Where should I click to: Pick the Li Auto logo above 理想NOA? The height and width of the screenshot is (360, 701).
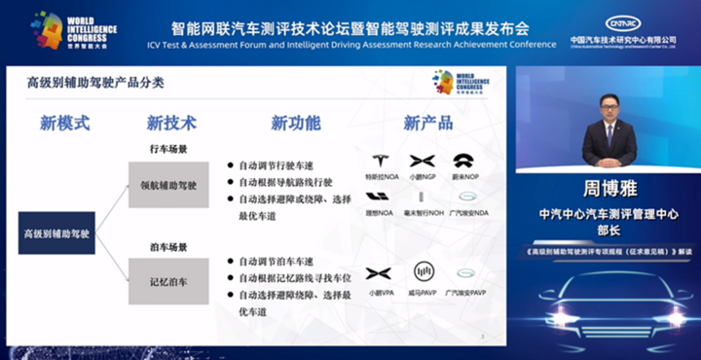379,196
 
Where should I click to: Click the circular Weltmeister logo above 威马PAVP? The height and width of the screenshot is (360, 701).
422,271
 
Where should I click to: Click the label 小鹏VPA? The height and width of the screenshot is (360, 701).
379,290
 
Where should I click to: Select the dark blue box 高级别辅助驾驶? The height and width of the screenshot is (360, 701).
57,234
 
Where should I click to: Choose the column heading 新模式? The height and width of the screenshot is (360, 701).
64,124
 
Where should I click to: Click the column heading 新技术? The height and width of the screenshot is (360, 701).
171,124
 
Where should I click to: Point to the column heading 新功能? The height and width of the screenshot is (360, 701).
295,124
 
